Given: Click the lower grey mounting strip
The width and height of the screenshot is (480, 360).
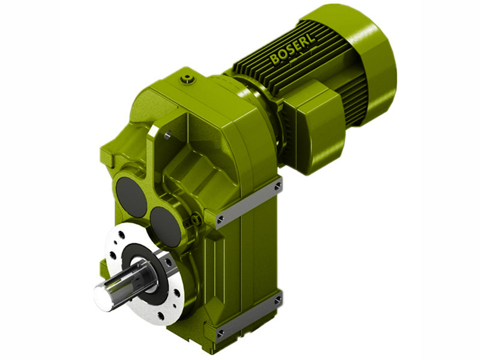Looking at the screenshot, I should pyautogui.click(x=249, y=315).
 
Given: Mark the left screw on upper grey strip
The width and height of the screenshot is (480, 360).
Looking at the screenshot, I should pyautogui.click(x=221, y=218).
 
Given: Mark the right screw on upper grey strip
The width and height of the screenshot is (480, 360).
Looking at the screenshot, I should pyautogui.click(x=277, y=187).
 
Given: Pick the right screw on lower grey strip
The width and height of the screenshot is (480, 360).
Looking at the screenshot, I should pyautogui.click(x=277, y=299).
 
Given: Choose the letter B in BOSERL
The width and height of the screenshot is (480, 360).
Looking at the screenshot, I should pyautogui.click(x=274, y=60).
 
